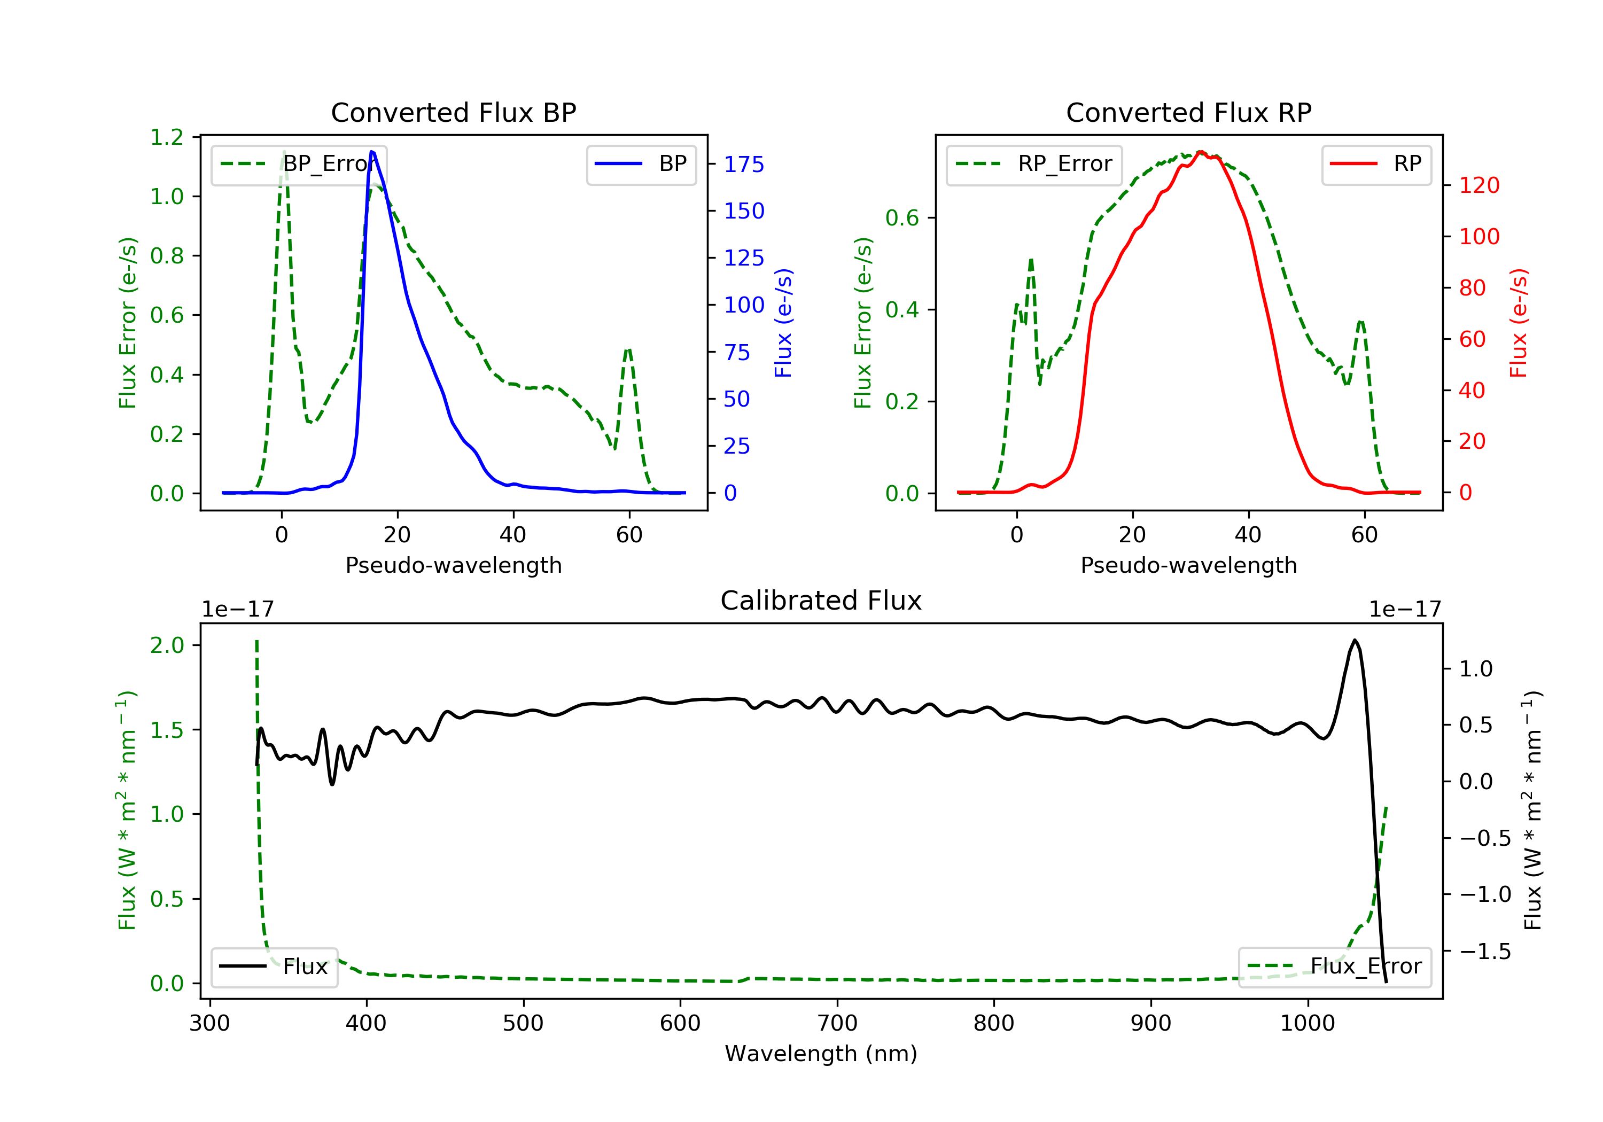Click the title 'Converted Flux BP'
454,112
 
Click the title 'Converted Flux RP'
1189,112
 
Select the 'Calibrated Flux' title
821,601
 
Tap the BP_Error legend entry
299,165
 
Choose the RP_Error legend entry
1034,165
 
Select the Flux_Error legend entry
1335,967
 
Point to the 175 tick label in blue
744,165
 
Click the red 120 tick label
1479,186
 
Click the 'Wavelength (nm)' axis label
821,1054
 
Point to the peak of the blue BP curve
372,152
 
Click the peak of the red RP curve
1200,152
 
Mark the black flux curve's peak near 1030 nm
1355,640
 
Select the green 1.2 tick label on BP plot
167,137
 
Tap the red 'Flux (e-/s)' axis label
1519,323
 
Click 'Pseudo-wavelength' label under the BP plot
454,565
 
